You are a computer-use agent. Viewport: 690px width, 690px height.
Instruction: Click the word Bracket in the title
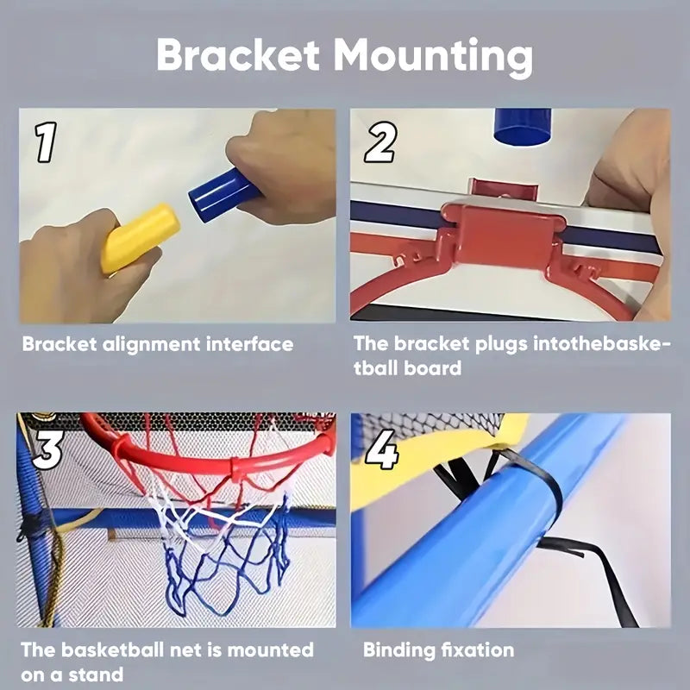coord(238,54)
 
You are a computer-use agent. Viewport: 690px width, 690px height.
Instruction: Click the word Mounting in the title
coord(433,58)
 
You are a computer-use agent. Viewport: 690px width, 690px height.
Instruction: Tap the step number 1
coord(47,141)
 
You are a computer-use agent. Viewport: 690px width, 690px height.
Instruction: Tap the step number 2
coord(380,141)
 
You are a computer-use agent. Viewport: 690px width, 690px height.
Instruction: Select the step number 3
coord(47,448)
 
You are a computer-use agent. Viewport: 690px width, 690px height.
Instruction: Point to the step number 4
coord(382,449)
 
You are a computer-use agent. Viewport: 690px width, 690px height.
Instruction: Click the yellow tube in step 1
coord(140,238)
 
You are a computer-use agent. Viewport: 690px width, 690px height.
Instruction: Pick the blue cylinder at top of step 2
coord(523,127)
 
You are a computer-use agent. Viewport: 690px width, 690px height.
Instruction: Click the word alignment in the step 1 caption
coord(152,345)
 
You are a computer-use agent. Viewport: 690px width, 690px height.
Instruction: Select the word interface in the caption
coord(249,344)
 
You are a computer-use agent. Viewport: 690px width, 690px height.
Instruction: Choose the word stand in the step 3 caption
coord(96,674)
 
